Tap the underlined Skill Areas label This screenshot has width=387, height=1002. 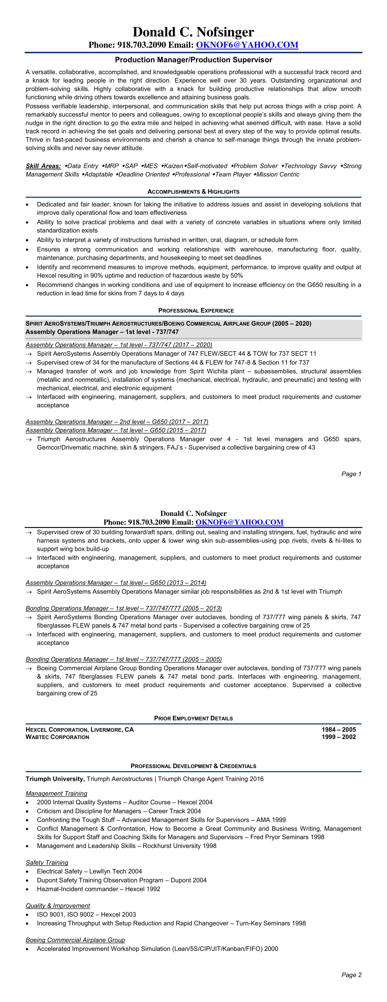click(x=43, y=166)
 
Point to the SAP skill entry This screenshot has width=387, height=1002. click(x=131, y=166)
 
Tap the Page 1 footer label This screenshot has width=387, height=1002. click(x=351, y=474)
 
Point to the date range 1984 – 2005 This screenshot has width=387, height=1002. click(x=338, y=730)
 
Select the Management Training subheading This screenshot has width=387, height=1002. click(x=56, y=793)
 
